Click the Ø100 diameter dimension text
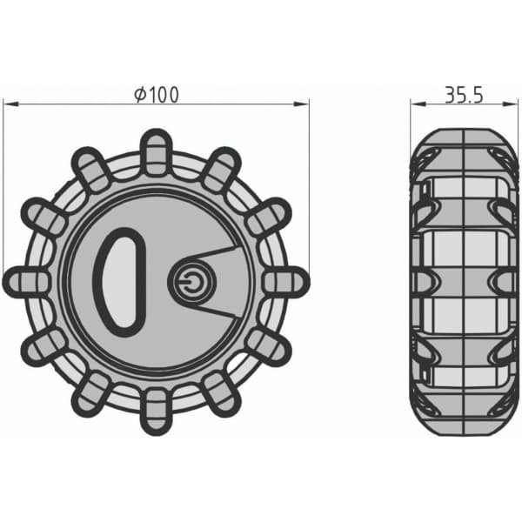tap(157, 95)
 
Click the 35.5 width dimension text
tap(464, 95)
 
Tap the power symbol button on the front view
tap(191, 282)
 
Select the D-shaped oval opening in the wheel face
tap(120, 282)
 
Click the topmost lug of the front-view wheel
tap(157, 152)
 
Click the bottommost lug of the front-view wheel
tap(157, 412)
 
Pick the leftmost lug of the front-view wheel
tap(27, 282)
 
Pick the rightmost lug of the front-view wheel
tap(286, 282)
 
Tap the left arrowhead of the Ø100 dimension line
tap(10, 104)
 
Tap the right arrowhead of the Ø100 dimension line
tap(302, 104)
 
